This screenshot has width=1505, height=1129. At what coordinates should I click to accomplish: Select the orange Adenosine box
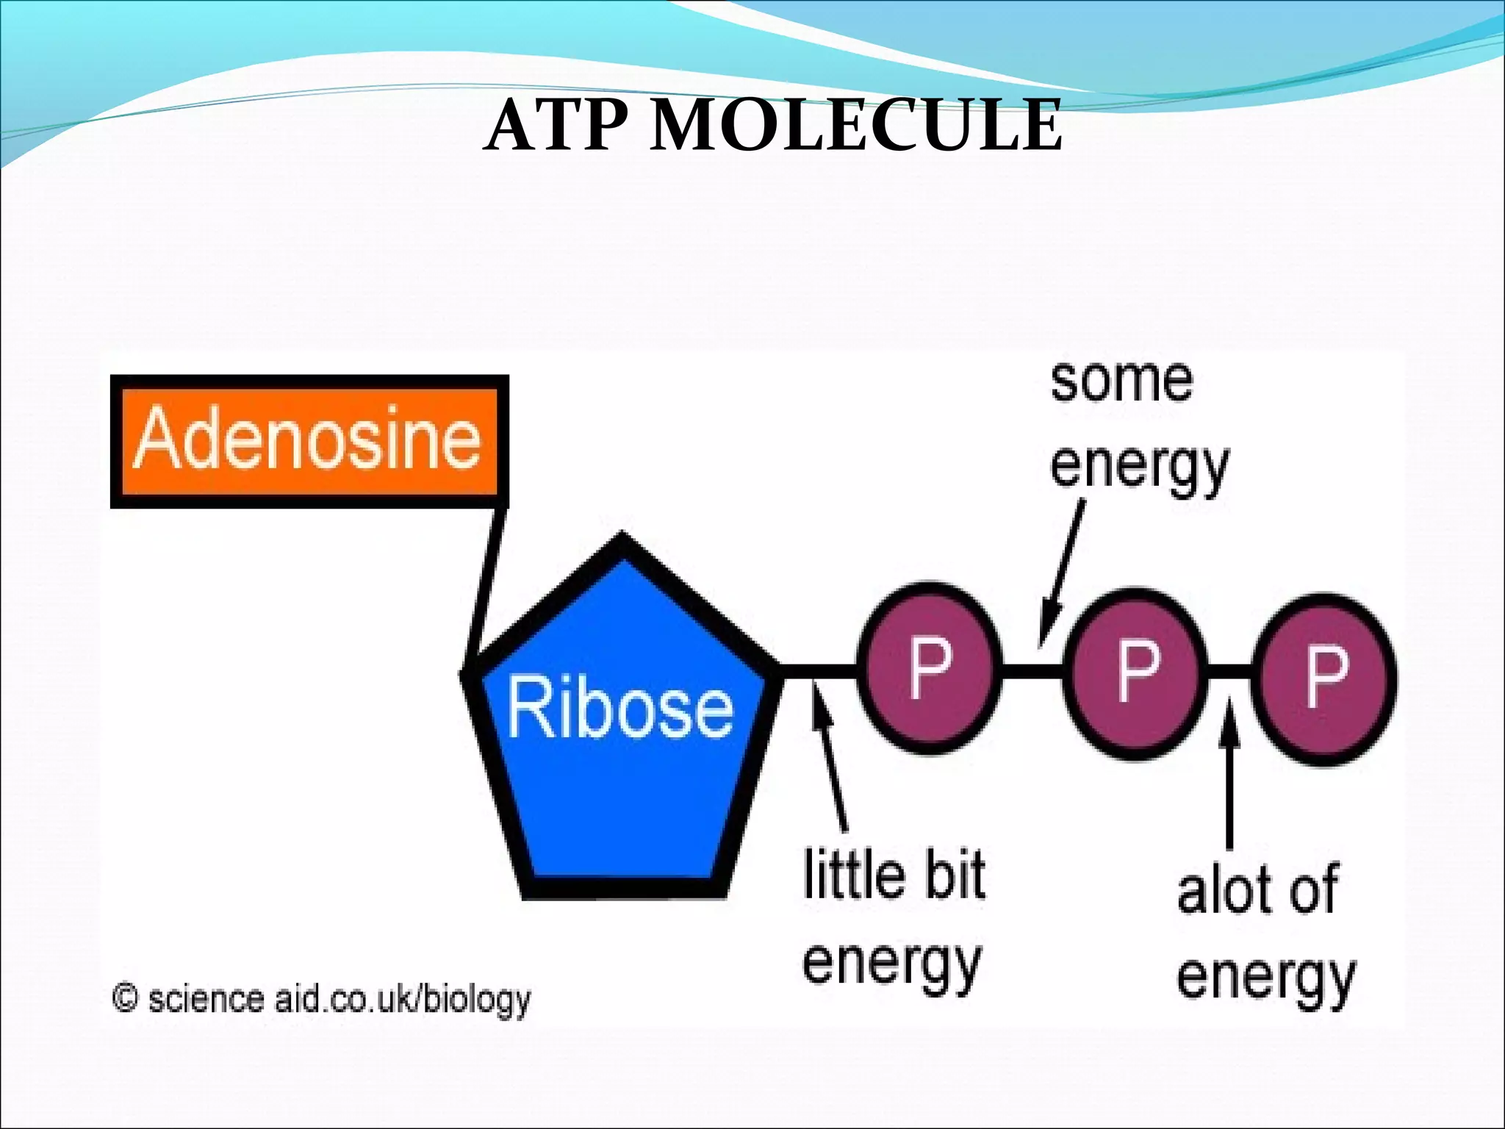pos(309,441)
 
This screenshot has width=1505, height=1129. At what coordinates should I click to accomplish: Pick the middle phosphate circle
pos(1136,673)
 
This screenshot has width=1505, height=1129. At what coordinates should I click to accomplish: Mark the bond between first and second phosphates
pos(1032,670)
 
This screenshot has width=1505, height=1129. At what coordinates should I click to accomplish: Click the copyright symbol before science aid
pos(125,998)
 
